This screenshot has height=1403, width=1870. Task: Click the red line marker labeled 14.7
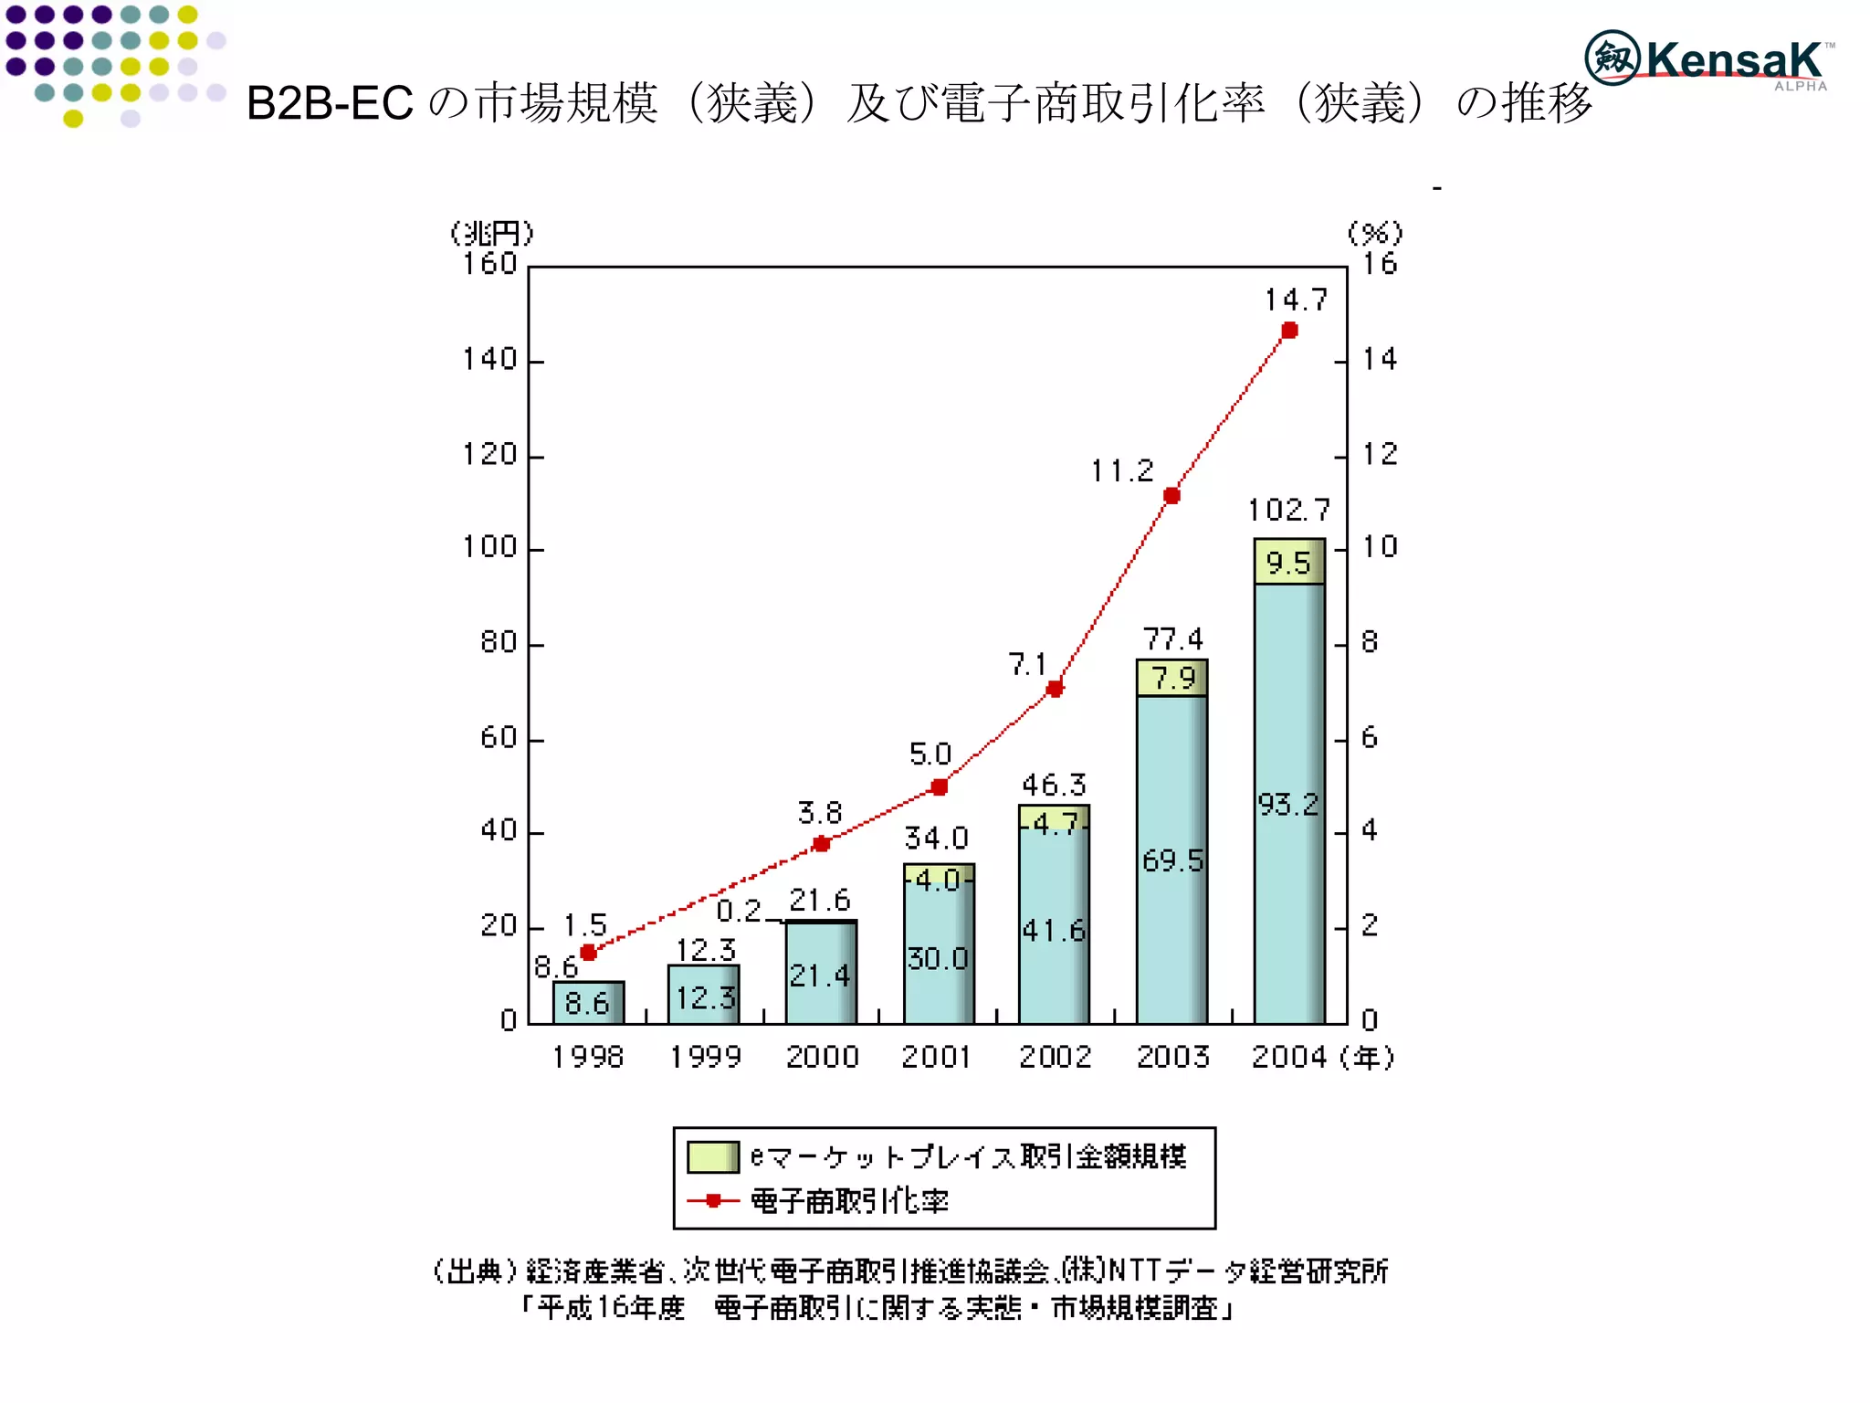click(1289, 331)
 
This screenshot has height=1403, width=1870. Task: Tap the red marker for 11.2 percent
click(1171, 496)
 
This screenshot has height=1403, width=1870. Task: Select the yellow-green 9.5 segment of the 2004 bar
click(1288, 562)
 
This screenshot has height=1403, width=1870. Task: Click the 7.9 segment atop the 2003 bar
click(1172, 678)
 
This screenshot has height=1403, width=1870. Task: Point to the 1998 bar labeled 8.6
click(588, 1002)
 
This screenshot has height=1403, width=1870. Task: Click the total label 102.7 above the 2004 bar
click(1288, 510)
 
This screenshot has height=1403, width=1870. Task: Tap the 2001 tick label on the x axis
click(937, 1057)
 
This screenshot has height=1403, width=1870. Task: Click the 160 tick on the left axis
click(490, 264)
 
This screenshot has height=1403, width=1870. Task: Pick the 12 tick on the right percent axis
click(1380, 454)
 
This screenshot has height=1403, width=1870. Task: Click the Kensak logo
click(1707, 59)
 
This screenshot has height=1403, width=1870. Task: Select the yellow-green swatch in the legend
click(712, 1156)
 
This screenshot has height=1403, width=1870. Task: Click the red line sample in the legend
click(713, 1200)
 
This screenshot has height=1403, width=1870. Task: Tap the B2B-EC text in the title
click(330, 103)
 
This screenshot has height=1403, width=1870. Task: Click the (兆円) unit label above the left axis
click(491, 234)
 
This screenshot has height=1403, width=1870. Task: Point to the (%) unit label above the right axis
click(1375, 234)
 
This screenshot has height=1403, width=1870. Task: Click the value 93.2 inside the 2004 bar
click(1287, 805)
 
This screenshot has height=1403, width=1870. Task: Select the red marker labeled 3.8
click(821, 844)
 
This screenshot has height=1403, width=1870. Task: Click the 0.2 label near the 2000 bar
click(738, 911)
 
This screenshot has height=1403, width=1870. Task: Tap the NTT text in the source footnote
click(1133, 1271)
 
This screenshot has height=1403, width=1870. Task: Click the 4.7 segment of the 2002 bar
click(1055, 821)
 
